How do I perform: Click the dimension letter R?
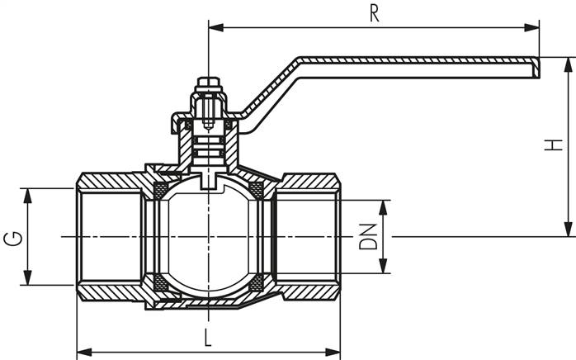coord(374,14)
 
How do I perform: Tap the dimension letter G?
coord(12,239)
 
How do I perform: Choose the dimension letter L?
coord(207,338)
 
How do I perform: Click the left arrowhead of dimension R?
coord(214,27)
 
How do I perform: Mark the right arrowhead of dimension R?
coord(534,27)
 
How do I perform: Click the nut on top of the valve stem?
coord(207,86)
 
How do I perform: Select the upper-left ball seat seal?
coord(161,192)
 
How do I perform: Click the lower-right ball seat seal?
coord(257,283)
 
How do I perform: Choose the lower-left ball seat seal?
coord(161,283)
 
